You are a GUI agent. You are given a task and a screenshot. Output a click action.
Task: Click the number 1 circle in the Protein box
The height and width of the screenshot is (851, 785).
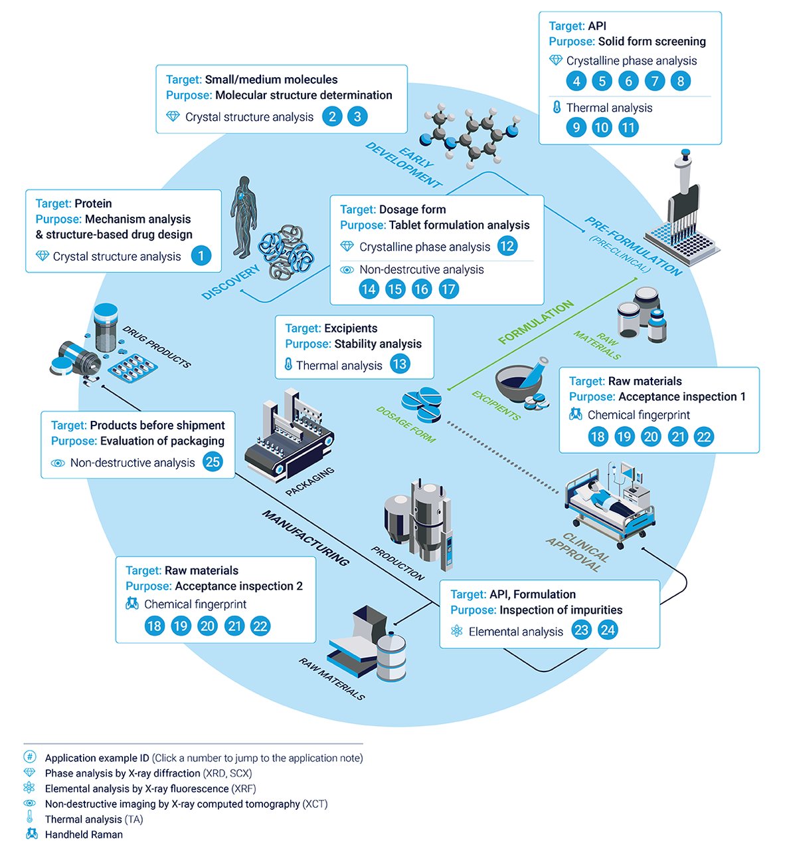[x=201, y=256]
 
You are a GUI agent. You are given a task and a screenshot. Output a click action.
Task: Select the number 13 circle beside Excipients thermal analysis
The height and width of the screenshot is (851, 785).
[x=399, y=364]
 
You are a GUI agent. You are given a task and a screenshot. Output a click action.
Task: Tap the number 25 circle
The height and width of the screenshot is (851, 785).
[x=213, y=462]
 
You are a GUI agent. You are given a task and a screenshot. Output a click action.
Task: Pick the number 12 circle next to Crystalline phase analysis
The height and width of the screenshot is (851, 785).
[x=507, y=246]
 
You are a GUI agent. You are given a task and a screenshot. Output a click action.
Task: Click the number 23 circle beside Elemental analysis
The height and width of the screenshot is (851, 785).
[x=581, y=630]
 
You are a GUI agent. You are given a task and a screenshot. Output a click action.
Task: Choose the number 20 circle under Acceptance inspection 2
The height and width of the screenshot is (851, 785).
[x=207, y=626]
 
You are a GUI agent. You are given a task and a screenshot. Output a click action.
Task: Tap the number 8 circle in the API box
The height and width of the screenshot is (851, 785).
[x=680, y=81]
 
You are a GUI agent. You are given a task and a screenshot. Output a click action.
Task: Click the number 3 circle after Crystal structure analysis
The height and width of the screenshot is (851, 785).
[x=357, y=116]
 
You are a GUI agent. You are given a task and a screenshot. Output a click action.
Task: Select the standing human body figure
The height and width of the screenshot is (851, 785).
[x=244, y=216]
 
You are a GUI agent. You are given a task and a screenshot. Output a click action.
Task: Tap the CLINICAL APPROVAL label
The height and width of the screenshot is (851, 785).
[x=576, y=552]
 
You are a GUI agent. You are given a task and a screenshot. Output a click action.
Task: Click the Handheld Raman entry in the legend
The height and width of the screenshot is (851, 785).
[x=84, y=834]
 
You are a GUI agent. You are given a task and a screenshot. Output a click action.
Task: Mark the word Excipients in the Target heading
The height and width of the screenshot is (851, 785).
[x=351, y=328]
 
